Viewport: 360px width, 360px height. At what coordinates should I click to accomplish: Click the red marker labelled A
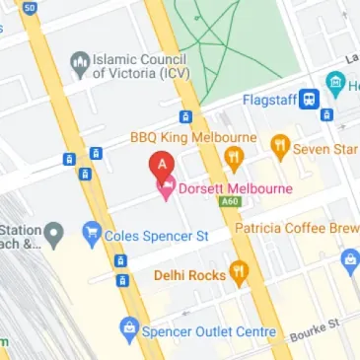coord(162,162)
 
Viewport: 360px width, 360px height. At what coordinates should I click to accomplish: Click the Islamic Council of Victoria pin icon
coord(79,65)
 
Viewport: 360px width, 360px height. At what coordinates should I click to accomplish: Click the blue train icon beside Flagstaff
coord(310,99)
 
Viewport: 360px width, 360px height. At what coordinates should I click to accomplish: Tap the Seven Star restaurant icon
coord(280,147)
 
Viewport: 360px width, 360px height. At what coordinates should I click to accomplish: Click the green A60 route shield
coord(231,202)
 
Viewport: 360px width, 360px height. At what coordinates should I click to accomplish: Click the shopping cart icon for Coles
coord(93,234)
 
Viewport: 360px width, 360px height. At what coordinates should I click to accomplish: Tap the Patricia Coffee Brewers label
coord(296,228)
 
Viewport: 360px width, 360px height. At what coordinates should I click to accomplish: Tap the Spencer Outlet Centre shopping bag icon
coord(128,325)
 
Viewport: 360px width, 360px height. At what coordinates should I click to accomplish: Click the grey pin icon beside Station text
coord(55,235)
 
